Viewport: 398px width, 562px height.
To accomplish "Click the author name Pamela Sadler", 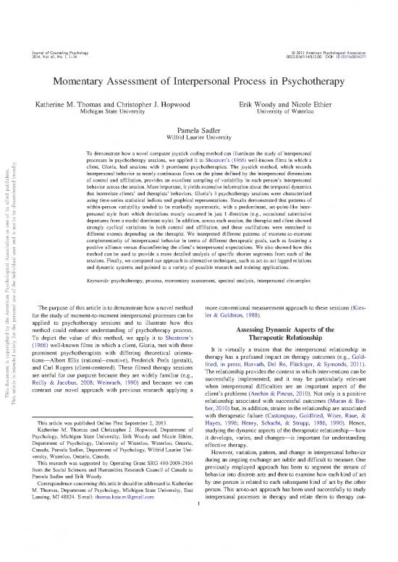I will pos(199,124).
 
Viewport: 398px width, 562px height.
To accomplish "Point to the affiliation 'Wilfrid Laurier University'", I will pos(199,133).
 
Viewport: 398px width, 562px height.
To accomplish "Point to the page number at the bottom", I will pos(199,555).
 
